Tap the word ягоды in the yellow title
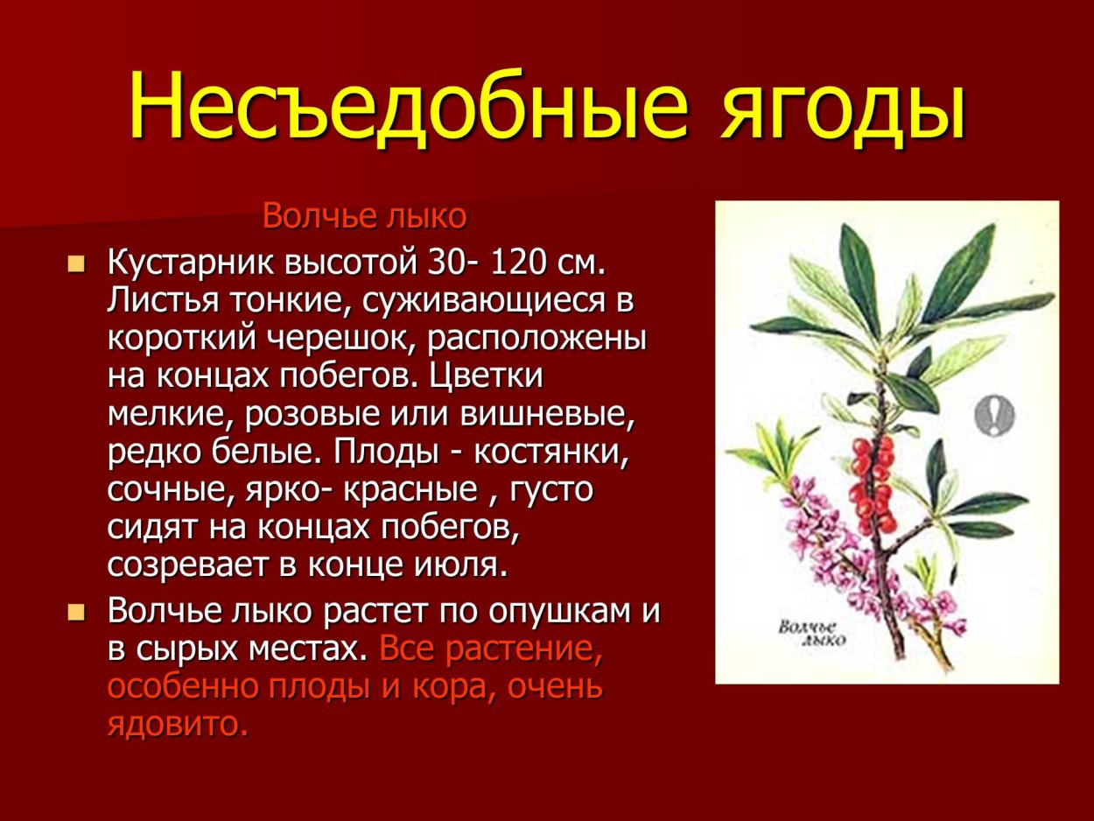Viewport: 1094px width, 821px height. pyautogui.click(x=842, y=107)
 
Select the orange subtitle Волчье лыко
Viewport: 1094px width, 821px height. pyautogui.click(x=364, y=215)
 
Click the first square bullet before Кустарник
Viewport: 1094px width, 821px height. pyautogui.click(x=77, y=263)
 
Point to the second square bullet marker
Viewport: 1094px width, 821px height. pyautogui.click(x=77, y=611)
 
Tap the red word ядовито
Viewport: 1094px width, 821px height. pyautogui.click(x=178, y=724)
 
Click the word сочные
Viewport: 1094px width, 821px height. pyautogui.click(x=165, y=489)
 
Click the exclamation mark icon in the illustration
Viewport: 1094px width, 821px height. pyautogui.click(x=995, y=414)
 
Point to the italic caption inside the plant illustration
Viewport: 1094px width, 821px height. pyautogui.click(x=810, y=633)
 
